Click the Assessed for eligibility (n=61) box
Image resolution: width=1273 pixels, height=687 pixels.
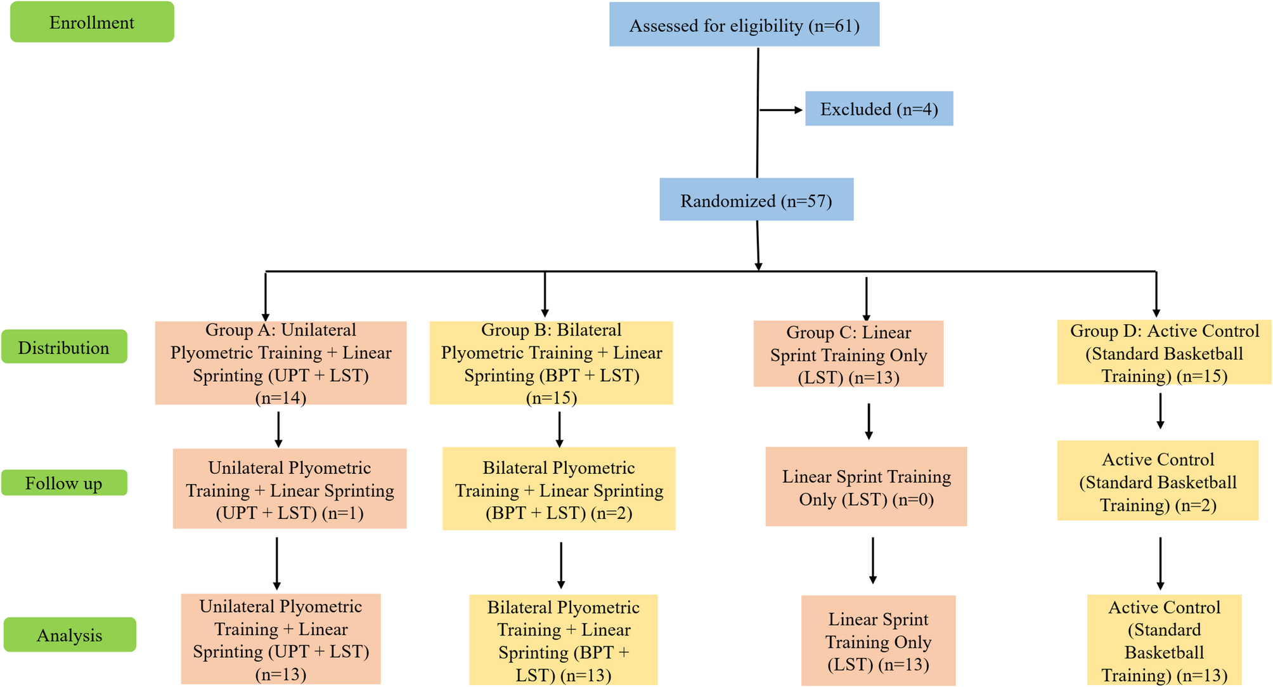point(744,25)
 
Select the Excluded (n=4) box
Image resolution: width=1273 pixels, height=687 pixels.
point(879,109)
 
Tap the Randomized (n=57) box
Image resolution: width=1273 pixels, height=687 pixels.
point(756,200)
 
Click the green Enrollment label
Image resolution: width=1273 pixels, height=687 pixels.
point(92,22)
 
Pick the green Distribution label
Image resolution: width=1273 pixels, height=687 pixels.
point(64,347)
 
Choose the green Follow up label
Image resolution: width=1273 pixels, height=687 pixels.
point(64,483)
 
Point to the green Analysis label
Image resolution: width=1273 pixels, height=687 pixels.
point(70,634)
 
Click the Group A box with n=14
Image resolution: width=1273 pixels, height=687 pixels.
point(280,363)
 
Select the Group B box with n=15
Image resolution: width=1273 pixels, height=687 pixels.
point(551,363)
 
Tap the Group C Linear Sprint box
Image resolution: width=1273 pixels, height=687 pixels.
point(848,354)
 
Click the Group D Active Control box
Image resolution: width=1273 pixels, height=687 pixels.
point(1164,353)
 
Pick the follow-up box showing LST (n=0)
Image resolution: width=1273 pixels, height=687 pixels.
point(866,487)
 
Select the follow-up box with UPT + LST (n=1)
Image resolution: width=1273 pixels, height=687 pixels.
point(290,489)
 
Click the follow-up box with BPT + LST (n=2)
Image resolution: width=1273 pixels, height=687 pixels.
point(559,489)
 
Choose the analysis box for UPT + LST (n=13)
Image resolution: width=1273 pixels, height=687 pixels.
point(281,639)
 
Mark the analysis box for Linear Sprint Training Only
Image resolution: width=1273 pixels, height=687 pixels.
point(878,640)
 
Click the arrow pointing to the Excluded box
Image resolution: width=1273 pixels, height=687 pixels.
point(781,110)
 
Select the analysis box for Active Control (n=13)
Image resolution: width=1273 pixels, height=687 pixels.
point(1164,640)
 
